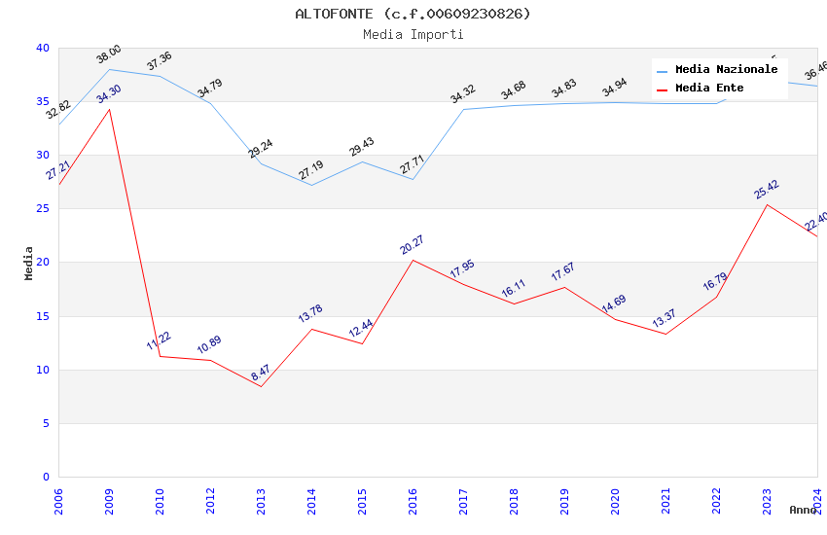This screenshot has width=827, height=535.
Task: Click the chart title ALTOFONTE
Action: pos(413,14)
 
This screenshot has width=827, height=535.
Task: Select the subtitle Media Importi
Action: pos(413,35)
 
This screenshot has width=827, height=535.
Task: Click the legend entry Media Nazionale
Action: pos(726,70)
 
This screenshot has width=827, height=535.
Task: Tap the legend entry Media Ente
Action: pos(709,89)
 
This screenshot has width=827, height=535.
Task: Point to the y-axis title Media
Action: pos(29,263)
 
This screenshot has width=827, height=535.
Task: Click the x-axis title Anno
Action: pos(803,510)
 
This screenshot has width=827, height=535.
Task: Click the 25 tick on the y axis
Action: pos(43,209)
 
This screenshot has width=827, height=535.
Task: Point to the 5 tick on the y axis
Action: pos(46,423)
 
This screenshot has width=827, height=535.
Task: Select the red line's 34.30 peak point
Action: pos(109,109)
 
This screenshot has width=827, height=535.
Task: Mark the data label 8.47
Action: pos(261,373)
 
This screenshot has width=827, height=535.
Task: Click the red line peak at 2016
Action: pos(413,260)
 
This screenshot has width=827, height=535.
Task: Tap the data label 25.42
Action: pos(767,190)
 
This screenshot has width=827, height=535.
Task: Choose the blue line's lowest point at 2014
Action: pos(311,185)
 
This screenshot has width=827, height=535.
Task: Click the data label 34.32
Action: pos(463,94)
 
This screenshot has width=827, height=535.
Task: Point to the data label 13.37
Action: pos(665,318)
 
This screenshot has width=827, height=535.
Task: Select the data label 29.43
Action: pos(362,147)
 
